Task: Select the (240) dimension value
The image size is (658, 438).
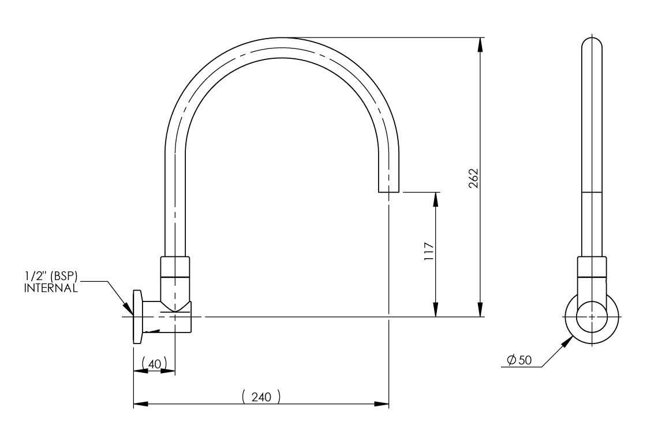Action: (x=261, y=397)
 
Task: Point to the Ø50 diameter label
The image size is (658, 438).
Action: (x=519, y=360)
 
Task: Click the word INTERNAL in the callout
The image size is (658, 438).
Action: (x=51, y=288)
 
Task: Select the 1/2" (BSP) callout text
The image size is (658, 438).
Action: (x=51, y=277)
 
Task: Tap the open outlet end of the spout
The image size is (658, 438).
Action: (x=388, y=191)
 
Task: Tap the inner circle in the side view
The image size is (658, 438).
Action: (x=592, y=318)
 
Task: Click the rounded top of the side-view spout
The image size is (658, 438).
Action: (x=592, y=43)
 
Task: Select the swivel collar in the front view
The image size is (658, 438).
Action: (x=174, y=267)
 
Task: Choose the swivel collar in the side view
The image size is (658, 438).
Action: (x=592, y=269)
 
